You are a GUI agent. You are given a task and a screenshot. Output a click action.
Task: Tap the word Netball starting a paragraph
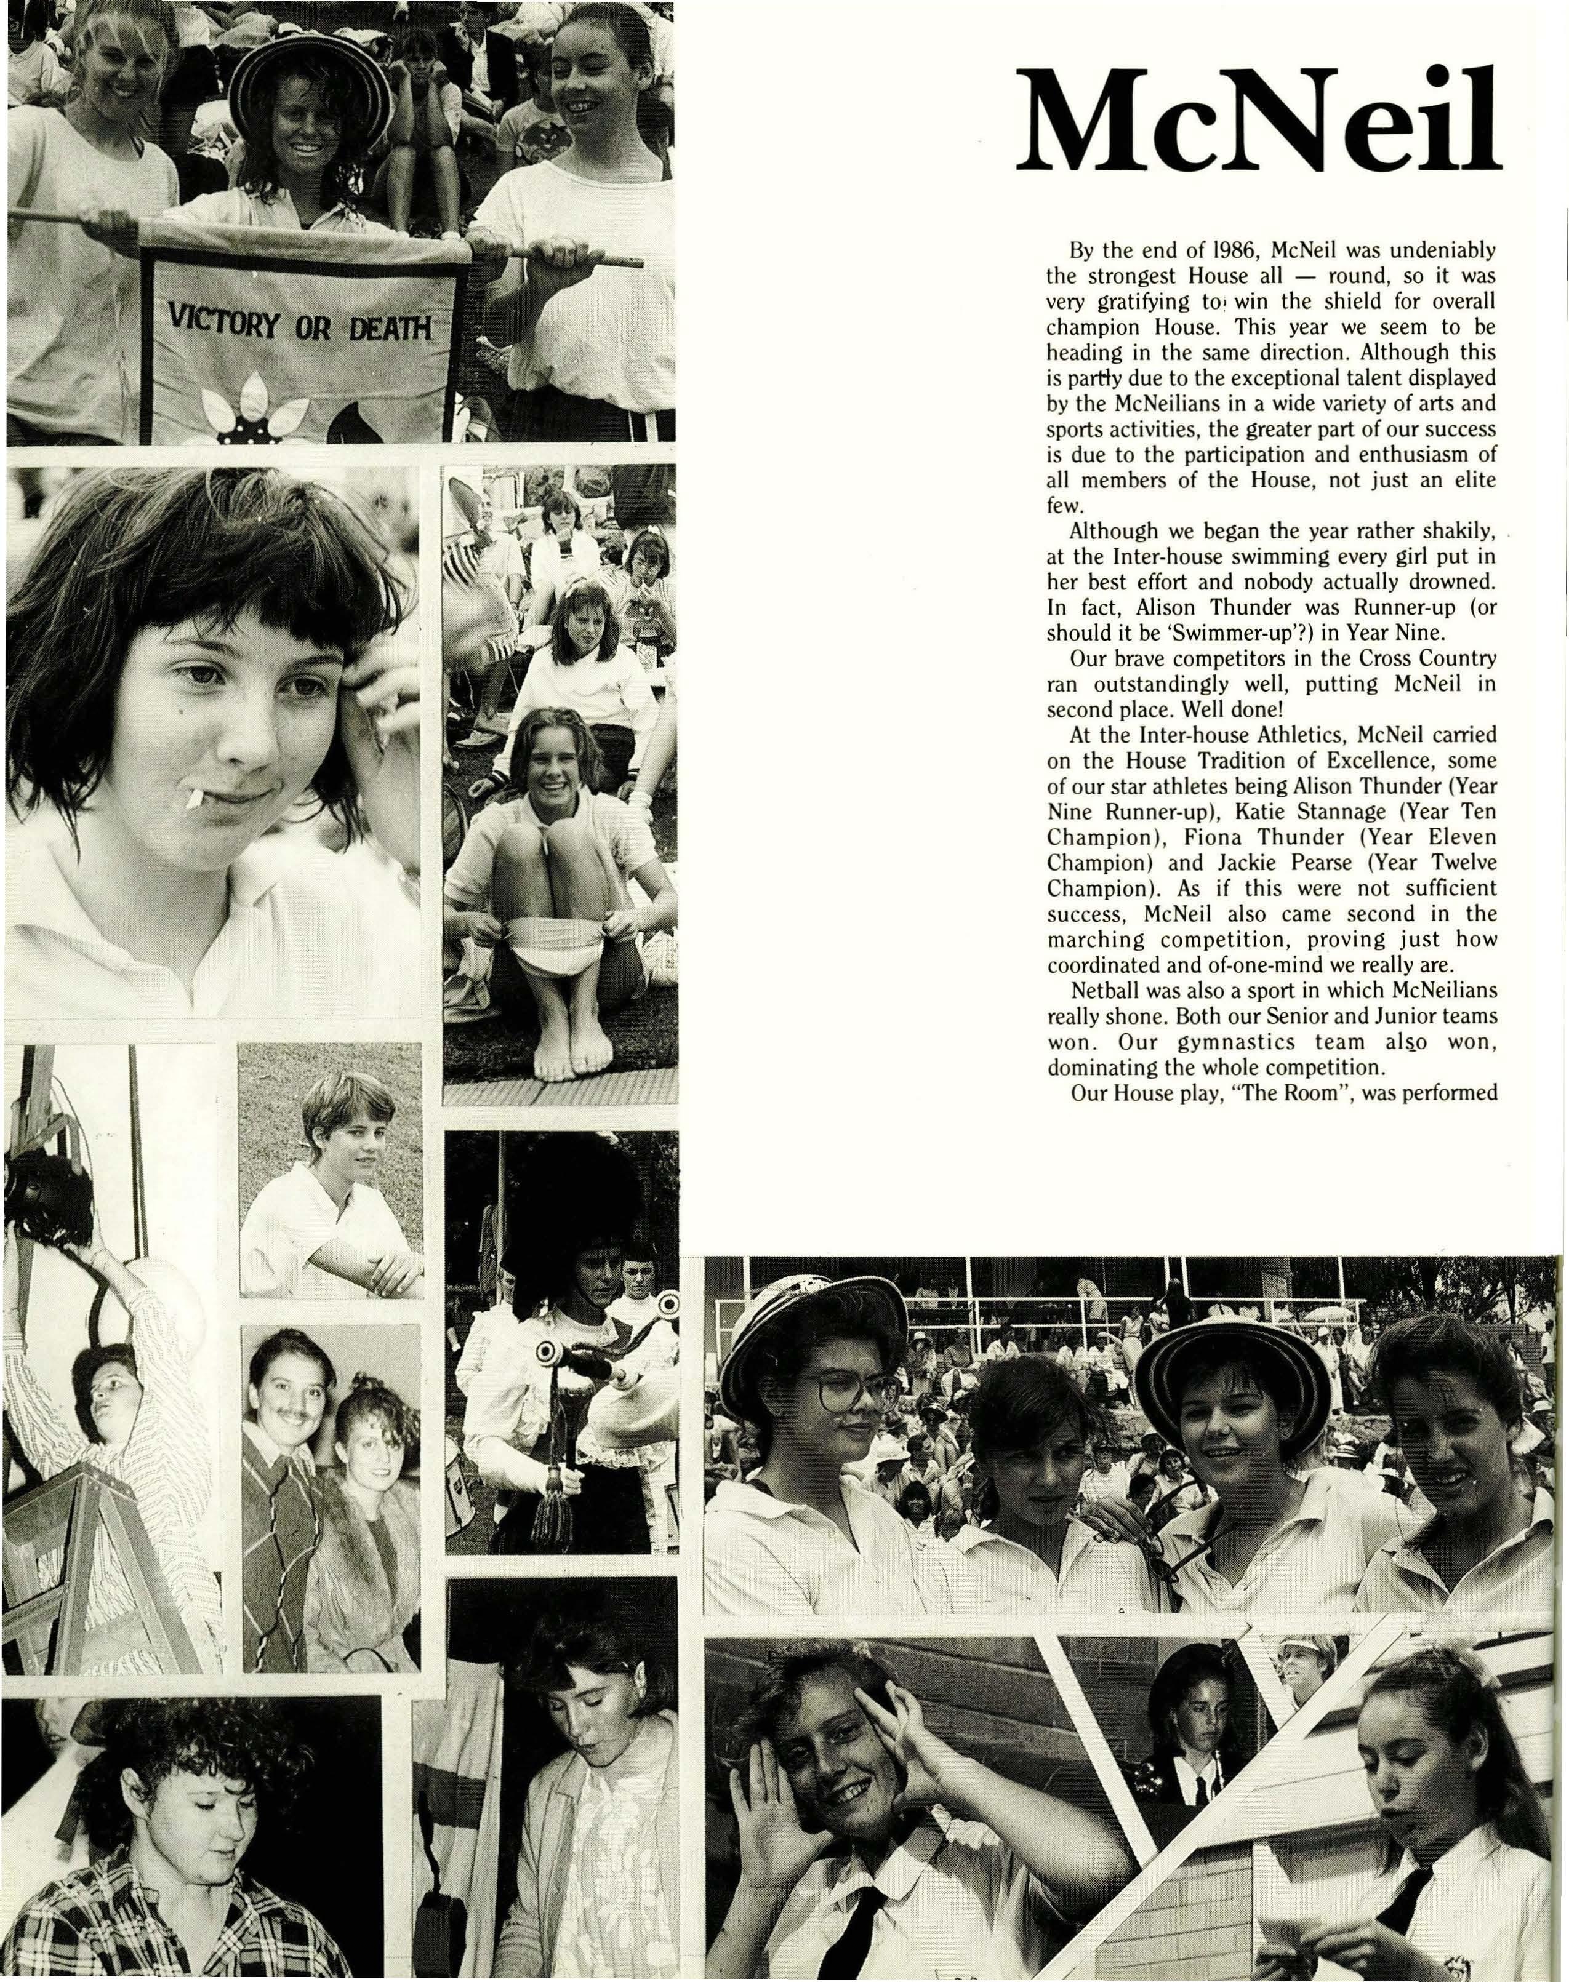pos(1104,991)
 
